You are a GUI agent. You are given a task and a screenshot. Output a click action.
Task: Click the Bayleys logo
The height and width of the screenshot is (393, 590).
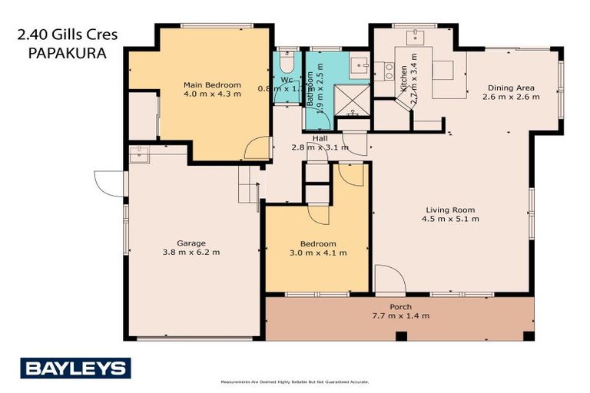pos(75,368)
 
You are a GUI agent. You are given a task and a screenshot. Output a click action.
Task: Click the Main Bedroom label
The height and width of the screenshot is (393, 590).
pos(211,84)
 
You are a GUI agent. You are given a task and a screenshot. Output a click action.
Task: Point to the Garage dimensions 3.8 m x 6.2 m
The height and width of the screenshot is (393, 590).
pos(191,253)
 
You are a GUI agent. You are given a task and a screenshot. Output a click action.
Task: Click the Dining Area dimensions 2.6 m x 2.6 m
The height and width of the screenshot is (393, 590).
pos(510,97)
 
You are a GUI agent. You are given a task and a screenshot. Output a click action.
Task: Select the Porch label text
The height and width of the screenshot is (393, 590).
pos(400,307)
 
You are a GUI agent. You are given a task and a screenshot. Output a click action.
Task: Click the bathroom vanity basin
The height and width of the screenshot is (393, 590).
pos(358,64)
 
